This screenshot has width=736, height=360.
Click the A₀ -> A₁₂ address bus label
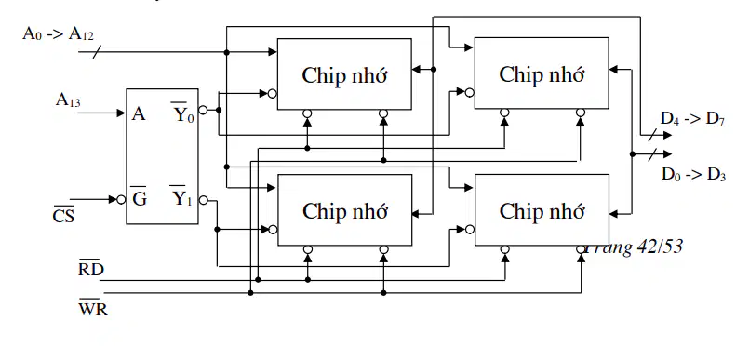[59, 34]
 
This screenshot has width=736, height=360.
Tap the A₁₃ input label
[68, 100]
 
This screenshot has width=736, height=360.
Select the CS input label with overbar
[63, 216]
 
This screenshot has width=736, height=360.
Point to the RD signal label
[91, 268]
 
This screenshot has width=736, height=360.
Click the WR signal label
[93, 307]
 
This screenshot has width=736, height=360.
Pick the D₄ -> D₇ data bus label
[693, 118]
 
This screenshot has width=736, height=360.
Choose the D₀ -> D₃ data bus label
[694, 174]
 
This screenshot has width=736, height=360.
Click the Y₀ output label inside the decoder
[182, 113]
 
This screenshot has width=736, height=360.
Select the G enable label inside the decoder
[140, 198]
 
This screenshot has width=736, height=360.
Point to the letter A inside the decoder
[139, 113]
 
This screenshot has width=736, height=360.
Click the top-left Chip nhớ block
[344, 74]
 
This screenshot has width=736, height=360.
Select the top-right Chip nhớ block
[542, 73]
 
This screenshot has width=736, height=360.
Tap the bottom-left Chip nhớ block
[345, 210]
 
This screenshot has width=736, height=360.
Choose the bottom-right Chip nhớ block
[542, 210]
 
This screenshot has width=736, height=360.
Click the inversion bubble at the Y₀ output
[203, 110]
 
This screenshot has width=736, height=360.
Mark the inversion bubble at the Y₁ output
[203, 200]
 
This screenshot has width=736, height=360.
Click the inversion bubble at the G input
[121, 199]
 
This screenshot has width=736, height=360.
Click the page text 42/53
[661, 246]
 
